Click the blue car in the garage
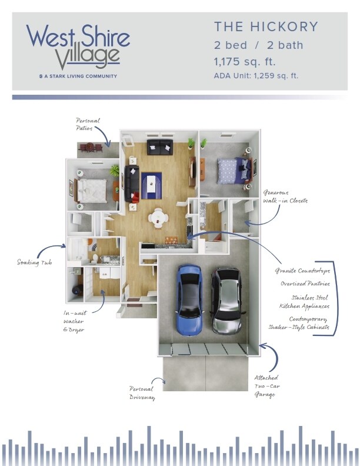pyautogui.click(x=190, y=300)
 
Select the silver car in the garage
pyautogui.click(x=227, y=301)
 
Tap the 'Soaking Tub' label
pyautogui.click(x=35, y=262)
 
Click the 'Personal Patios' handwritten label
pyautogui.click(x=88, y=124)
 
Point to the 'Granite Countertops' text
pyautogui.click(x=302, y=271)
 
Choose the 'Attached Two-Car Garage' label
pyautogui.click(x=266, y=386)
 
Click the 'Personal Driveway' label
pyautogui.click(x=142, y=393)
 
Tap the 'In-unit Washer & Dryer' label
pyautogui.click(x=75, y=321)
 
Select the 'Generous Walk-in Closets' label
pyautogui.click(x=285, y=197)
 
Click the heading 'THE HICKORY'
pyautogui.click(x=266, y=26)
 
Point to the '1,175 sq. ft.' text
pyautogui.click(x=245, y=62)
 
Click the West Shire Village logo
pyautogui.click(x=78, y=51)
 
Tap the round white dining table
pyautogui.click(x=158, y=218)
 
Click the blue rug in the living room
pyautogui.click(x=151, y=186)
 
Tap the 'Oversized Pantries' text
pyautogui.click(x=305, y=284)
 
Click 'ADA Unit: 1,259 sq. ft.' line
pyautogui.click(x=256, y=76)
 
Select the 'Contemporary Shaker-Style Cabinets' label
pyautogui.click(x=299, y=323)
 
